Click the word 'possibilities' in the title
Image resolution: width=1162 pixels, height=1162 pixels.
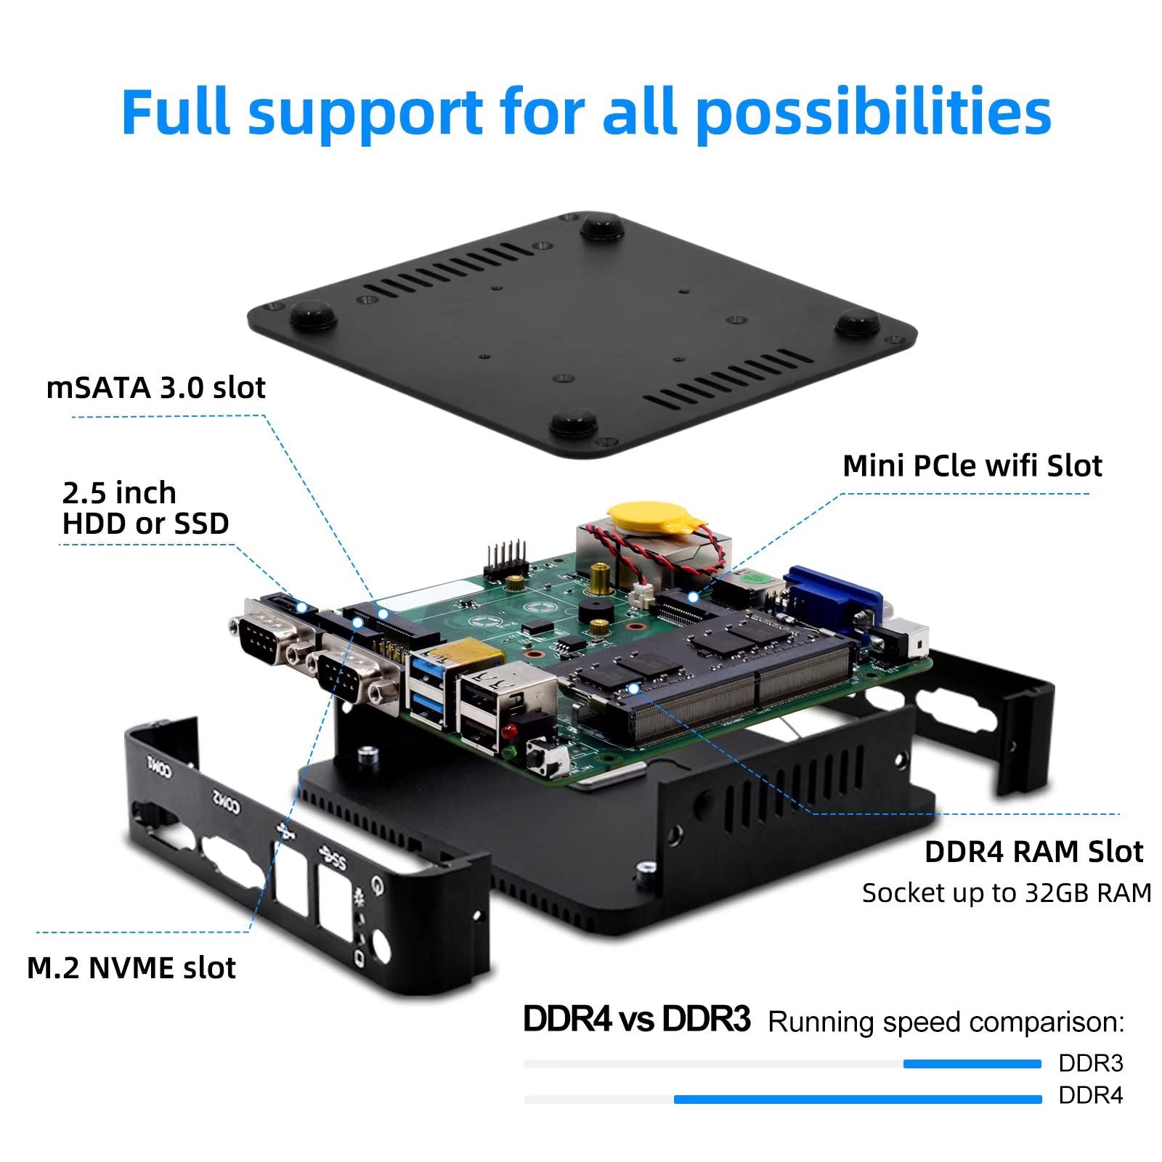coord(874,113)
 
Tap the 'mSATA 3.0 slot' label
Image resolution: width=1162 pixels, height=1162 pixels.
coord(155,388)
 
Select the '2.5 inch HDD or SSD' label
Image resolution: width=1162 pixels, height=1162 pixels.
coord(145,508)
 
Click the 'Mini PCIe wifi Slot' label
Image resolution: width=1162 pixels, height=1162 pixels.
coord(972,466)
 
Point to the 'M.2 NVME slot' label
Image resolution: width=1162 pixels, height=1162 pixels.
coord(131,968)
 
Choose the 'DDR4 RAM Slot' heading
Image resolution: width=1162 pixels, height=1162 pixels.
coord(1033,852)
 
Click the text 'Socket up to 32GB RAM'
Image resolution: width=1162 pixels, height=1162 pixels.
coord(1007,893)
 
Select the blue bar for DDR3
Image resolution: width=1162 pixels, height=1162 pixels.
coord(972,1064)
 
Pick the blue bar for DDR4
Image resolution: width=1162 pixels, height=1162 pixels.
coord(857,1100)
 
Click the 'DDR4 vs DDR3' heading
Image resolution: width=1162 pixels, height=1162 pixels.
coord(636,1019)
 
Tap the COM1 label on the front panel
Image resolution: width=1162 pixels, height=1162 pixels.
coord(159,767)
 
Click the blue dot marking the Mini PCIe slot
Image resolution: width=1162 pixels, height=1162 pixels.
coord(693,597)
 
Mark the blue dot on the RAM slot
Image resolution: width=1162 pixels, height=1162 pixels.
coord(633,688)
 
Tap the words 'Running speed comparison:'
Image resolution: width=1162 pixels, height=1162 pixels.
coord(946,1022)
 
